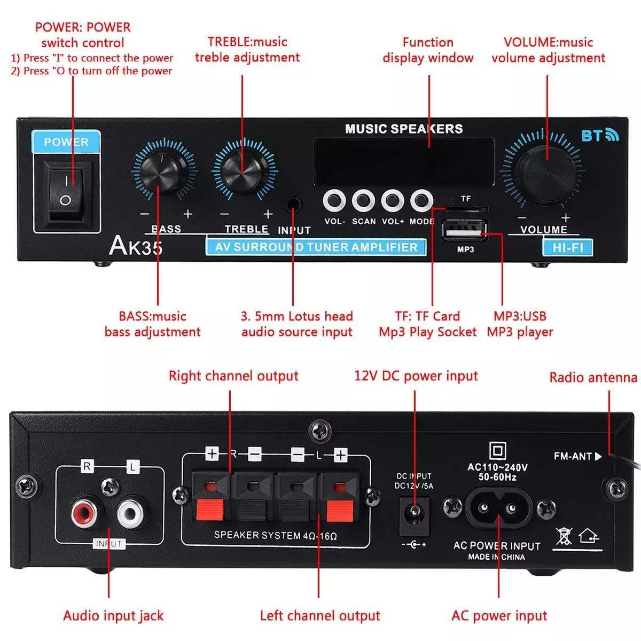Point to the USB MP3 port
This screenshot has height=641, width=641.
465,230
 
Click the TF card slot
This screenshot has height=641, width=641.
466,208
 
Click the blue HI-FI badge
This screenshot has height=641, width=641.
567,247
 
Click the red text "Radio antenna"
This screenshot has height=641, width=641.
593,378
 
